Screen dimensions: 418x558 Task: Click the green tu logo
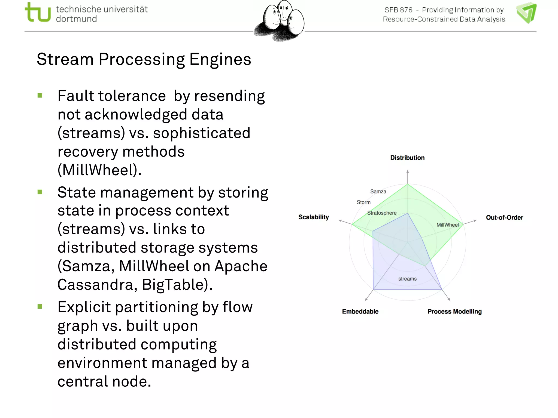click(38, 12)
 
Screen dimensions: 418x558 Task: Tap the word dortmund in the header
click(76, 19)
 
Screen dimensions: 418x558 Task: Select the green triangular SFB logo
click(526, 13)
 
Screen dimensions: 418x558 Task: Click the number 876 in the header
click(406, 10)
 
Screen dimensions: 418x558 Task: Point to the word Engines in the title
click(220, 59)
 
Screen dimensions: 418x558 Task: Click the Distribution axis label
click(407, 158)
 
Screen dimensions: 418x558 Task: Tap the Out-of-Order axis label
click(504, 217)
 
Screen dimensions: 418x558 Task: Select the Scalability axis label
click(314, 217)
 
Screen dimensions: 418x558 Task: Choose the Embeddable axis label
click(360, 312)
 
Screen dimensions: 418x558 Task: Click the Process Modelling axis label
click(454, 312)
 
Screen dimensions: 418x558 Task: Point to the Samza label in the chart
click(378, 192)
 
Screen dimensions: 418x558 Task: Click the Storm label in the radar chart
click(364, 202)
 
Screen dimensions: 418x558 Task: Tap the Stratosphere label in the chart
click(382, 213)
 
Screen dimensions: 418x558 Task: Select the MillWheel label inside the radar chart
click(447, 225)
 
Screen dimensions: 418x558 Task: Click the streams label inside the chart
click(407, 279)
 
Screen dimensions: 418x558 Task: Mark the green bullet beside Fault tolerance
click(40, 96)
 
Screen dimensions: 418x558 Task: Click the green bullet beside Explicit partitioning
click(40, 307)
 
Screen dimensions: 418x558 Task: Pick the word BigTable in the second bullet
click(177, 285)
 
